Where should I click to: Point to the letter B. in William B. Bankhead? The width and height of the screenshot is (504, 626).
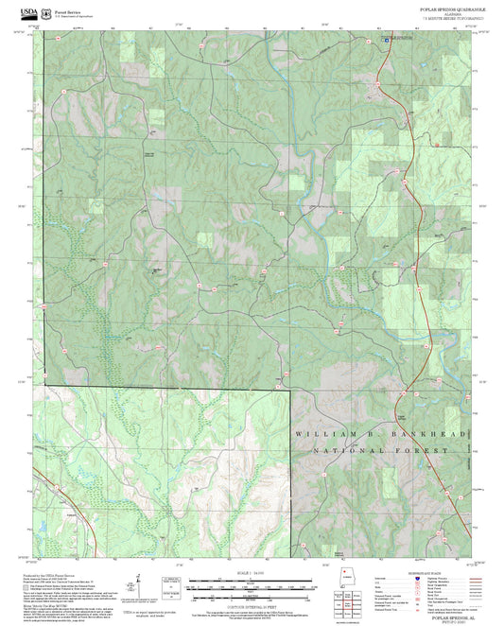click(365, 434)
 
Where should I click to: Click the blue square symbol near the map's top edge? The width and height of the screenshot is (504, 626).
click(386, 41)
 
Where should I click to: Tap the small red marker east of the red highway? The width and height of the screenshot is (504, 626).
click(436, 145)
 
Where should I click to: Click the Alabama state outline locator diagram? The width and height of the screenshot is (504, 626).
click(344, 580)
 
